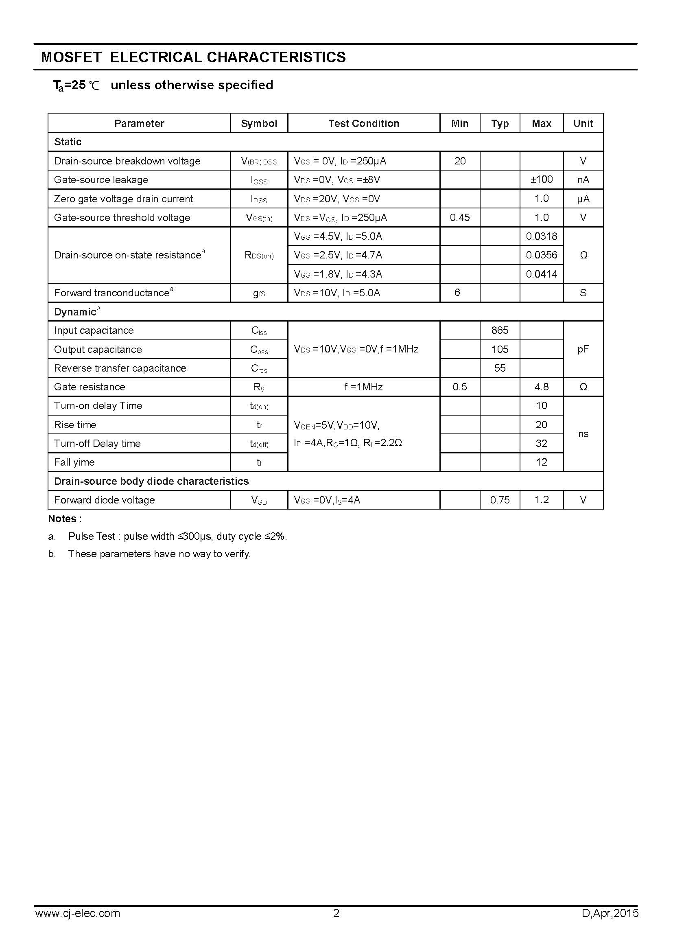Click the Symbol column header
[x=259, y=124]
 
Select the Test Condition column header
[x=363, y=124]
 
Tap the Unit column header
[x=583, y=124]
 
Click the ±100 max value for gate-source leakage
[x=541, y=179]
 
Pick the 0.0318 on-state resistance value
[x=541, y=236]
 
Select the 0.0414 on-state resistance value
[x=541, y=274]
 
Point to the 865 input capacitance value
[x=500, y=330]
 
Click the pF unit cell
[x=583, y=349]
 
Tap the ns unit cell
[x=583, y=434]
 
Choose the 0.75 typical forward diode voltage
[x=500, y=500]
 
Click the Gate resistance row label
[x=90, y=387]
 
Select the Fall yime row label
[x=74, y=462]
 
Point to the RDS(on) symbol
[x=259, y=256]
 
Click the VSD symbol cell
[x=259, y=501]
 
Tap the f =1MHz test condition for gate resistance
[x=363, y=387]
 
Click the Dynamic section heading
[x=75, y=312]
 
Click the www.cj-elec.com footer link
[x=78, y=925]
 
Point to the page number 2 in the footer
[x=336, y=925]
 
